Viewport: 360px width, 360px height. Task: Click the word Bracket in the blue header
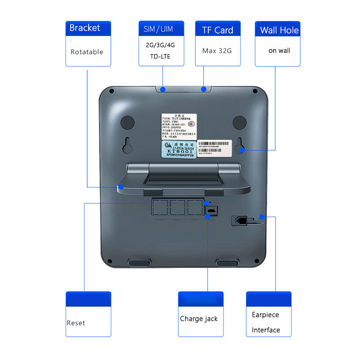coord(85,28)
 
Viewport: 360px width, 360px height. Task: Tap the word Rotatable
coord(87,52)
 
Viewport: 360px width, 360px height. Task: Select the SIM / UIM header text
coord(158,29)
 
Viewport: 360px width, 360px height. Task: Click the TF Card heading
coord(218,30)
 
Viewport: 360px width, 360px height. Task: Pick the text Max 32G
coord(217,50)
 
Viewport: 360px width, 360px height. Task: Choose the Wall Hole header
coord(279,31)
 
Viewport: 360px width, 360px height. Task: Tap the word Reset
coord(76,323)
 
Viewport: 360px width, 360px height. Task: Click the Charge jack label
coord(199,319)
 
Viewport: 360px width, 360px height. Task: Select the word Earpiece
coord(265,315)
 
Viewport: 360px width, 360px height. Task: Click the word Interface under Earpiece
coord(266,330)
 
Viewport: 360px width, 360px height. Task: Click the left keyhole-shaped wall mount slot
coord(127,145)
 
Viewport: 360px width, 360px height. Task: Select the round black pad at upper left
coord(127,122)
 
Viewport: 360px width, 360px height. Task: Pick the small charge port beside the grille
coord(211,210)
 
